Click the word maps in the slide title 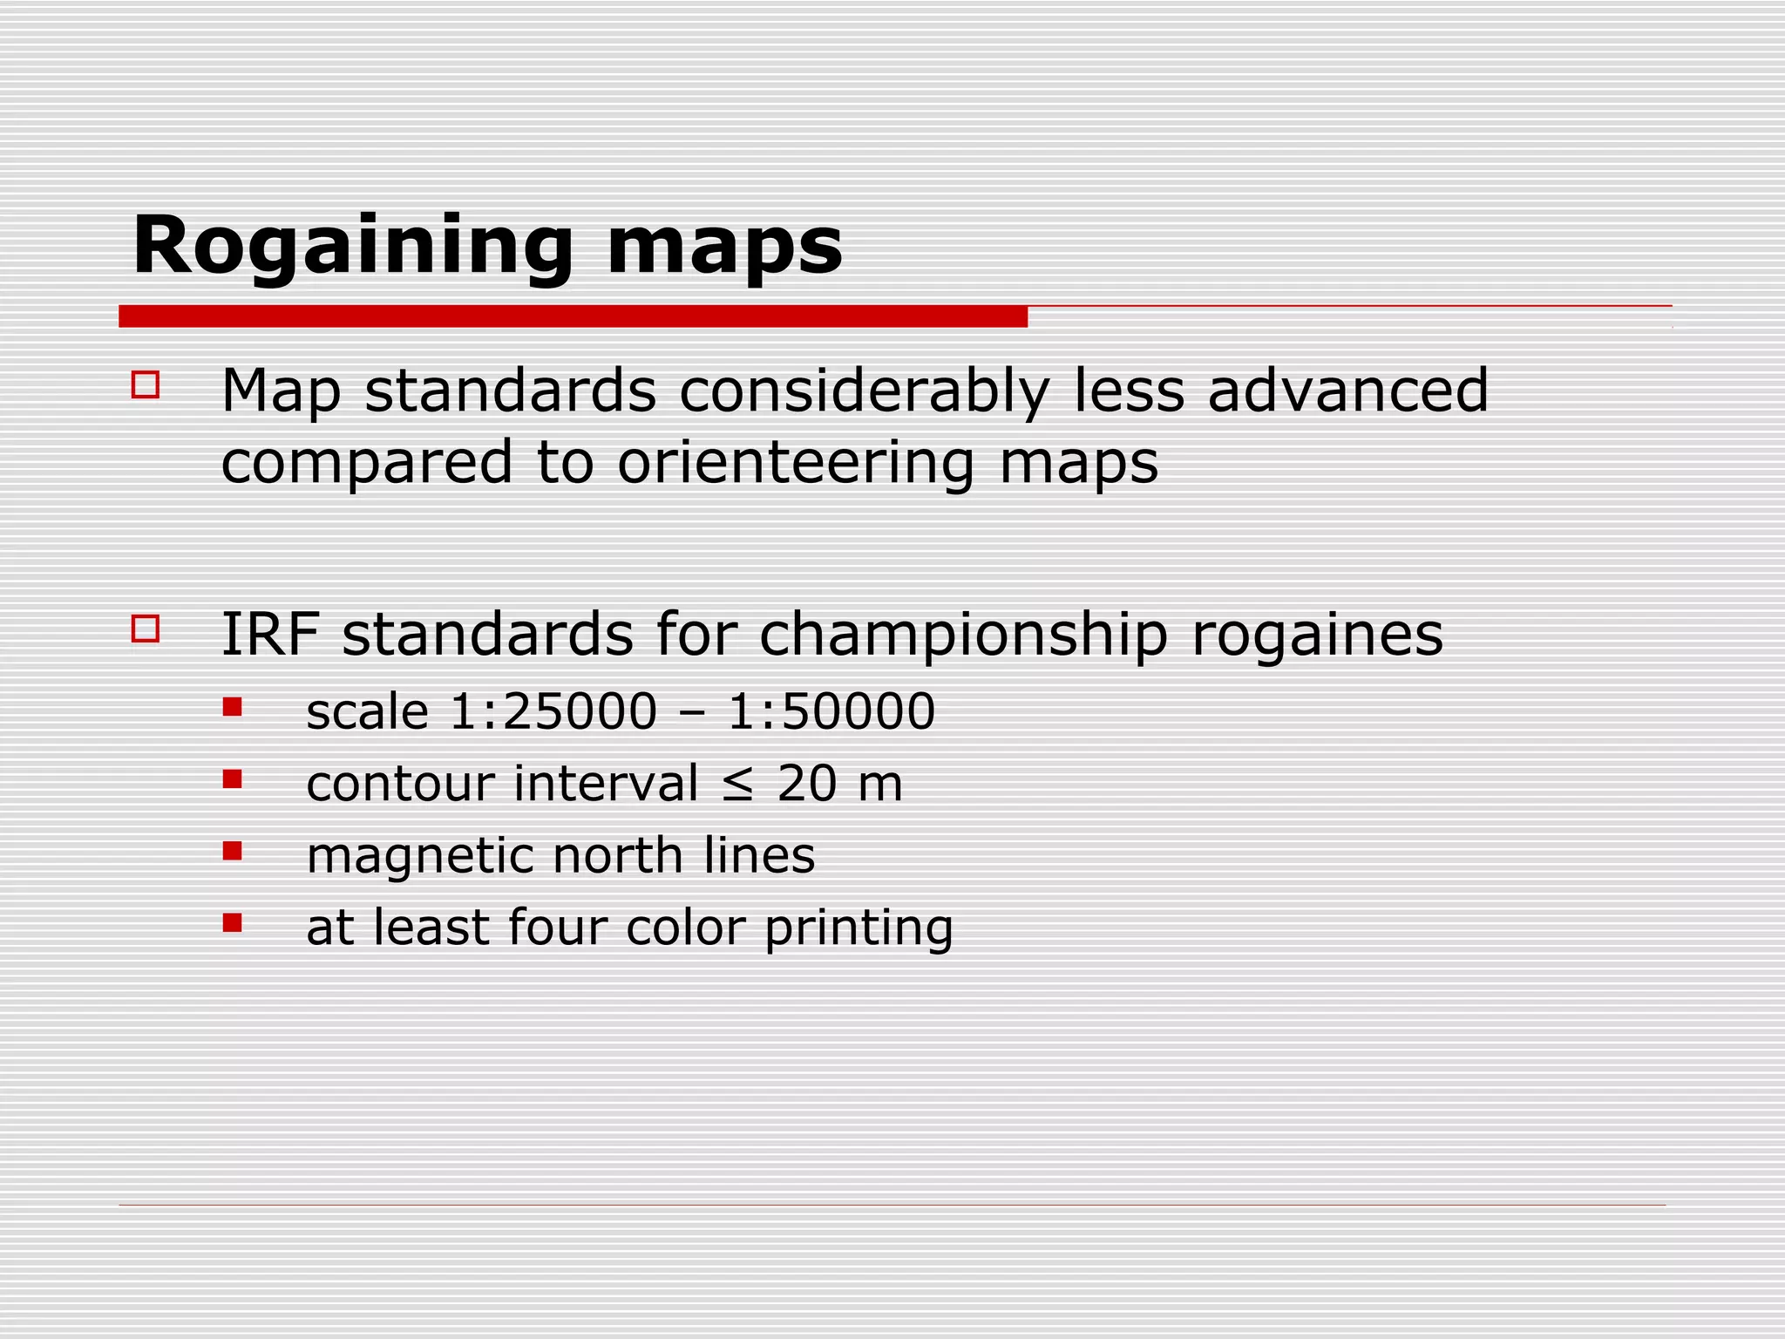click(724, 247)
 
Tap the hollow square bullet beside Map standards click(146, 385)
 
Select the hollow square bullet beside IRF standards click(146, 629)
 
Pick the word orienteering click(796, 463)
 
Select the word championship click(963, 636)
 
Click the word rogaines click(1317, 636)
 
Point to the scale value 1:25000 click(553, 711)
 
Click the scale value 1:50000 click(831, 711)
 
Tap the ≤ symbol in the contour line click(737, 784)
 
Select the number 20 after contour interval click(807, 783)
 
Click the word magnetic click(418, 856)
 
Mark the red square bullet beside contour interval click(232, 778)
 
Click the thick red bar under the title click(573, 316)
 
